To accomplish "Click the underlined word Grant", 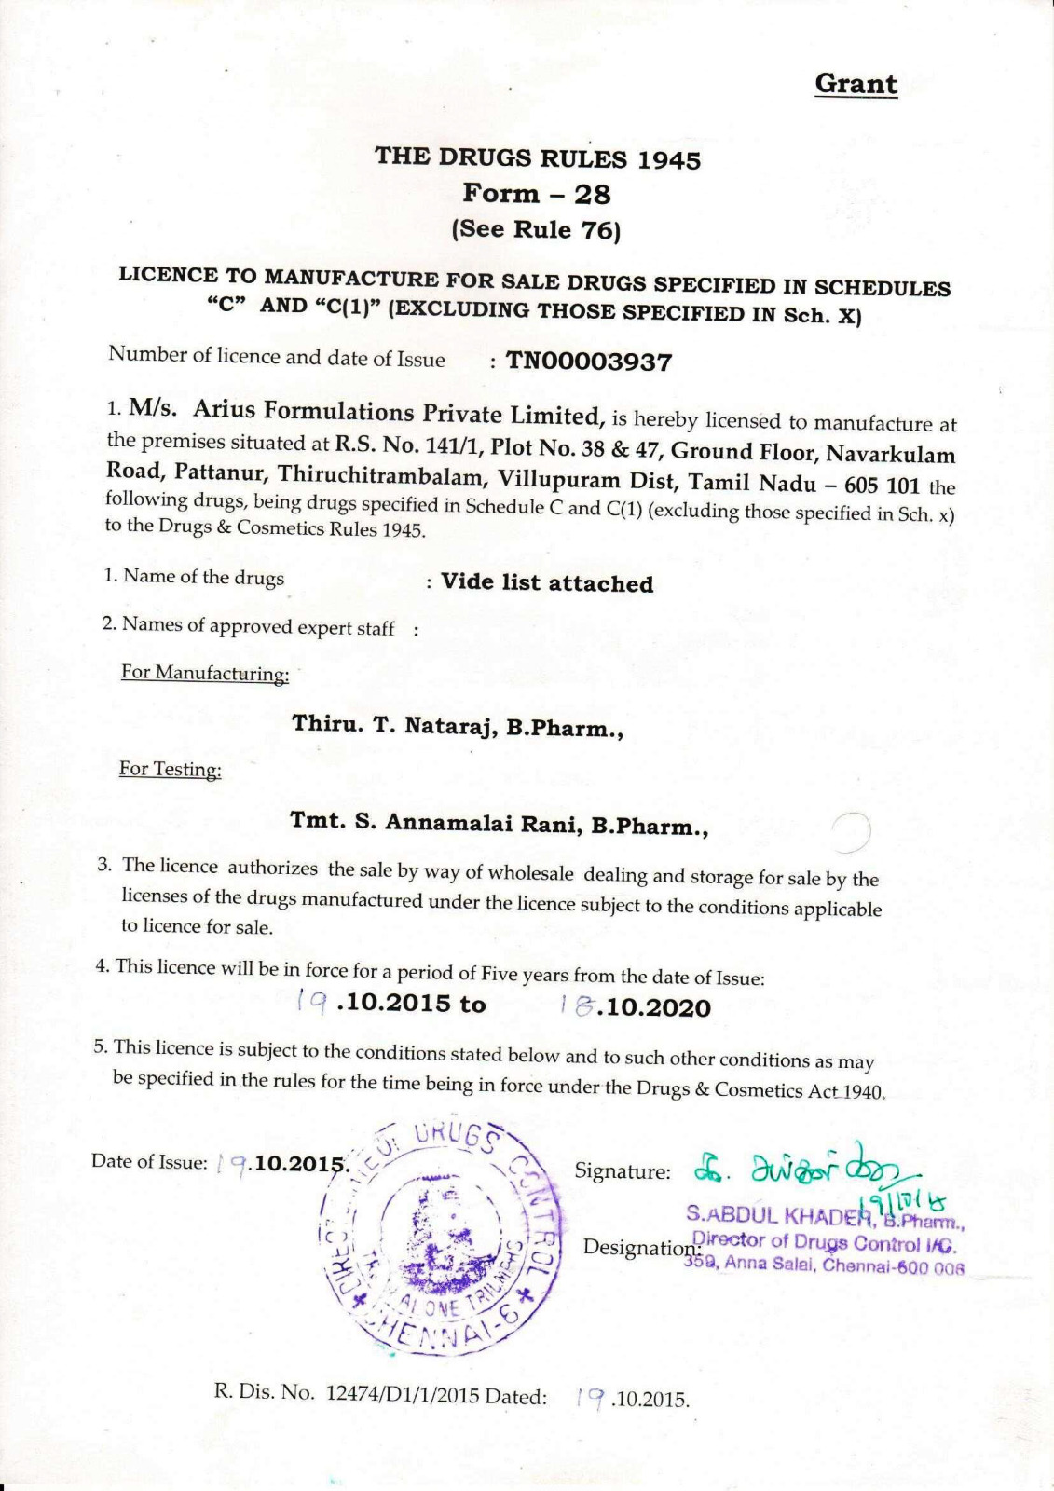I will pyautogui.click(x=856, y=84).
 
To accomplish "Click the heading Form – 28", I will pyautogui.click(x=537, y=194).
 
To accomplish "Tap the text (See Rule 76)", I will pyautogui.click(x=536, y=229).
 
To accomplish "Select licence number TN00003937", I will pyautogui.click(x=588, y=362).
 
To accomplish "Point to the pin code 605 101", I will pyautogui.click(x=882, y=486).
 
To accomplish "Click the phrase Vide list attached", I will pyautogui.click(x=547, y=583).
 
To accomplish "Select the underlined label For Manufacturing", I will pyautogui.click(x=205, y=673).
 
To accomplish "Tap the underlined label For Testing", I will pyautogui.click(x=171, y=769).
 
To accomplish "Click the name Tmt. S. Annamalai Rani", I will pyautogui.click(x=437, y=823).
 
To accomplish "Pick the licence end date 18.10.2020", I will pyautogui.click(x=636, y=1007).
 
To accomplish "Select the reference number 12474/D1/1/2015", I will pyautogui.click(x=403, y=1394).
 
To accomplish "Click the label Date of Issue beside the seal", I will pyautogui.click(x=149, y=1162).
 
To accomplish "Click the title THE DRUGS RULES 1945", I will pyautogui.click(x=537, y=157).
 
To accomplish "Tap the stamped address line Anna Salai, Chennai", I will pyautogui.click(x=825, y=1265).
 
